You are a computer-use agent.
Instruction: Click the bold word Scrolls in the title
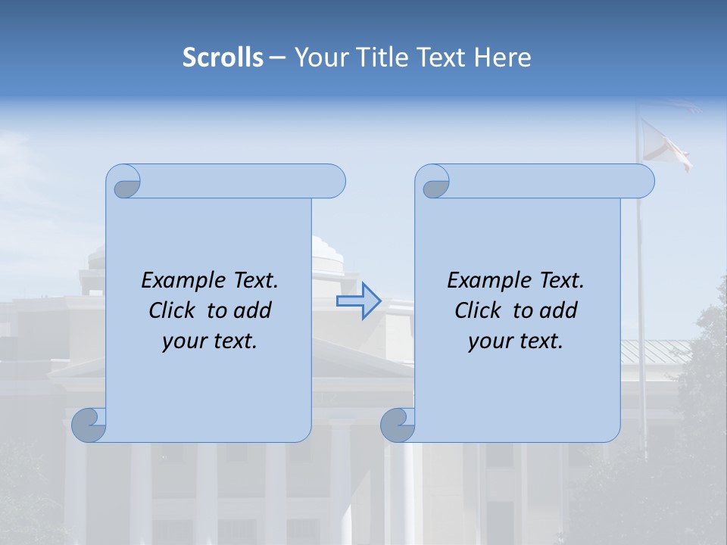(223, 58)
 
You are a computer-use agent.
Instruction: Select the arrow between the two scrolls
(358, 301)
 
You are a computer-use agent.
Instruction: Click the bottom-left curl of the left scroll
(89, 424)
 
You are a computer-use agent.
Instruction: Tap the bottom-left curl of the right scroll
(398, 424)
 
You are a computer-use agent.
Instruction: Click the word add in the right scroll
(559, 310)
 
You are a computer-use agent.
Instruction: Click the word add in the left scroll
(253, 310)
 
